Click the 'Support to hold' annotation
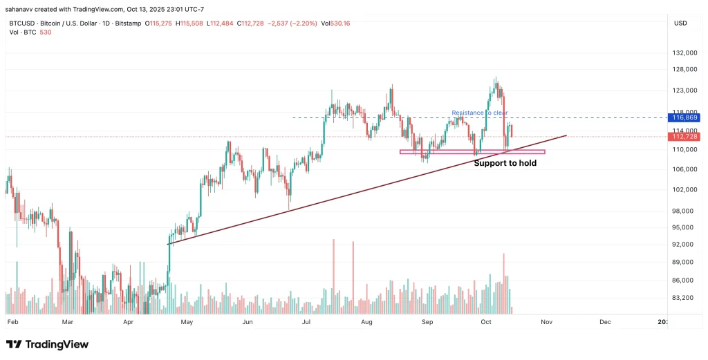pyautogui.click(x=505, y=164)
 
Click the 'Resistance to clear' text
pyautogui.click(x=479, y=113)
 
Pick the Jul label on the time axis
pyautogui.click(x=306, y=322)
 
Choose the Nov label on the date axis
pyautogui.click(x=547, y=322)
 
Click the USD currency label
pyautogui.click(x=680, y=23)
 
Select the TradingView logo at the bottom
pyautogui.click(x=47, y=344)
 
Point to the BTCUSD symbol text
pyautogui.click(x=23, y=23)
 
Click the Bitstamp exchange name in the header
pyautogui.click(x=128, y=23)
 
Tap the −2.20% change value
pyautogui.click(x=304, y=23)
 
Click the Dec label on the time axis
pyautogui.click(x=605, y=322)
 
